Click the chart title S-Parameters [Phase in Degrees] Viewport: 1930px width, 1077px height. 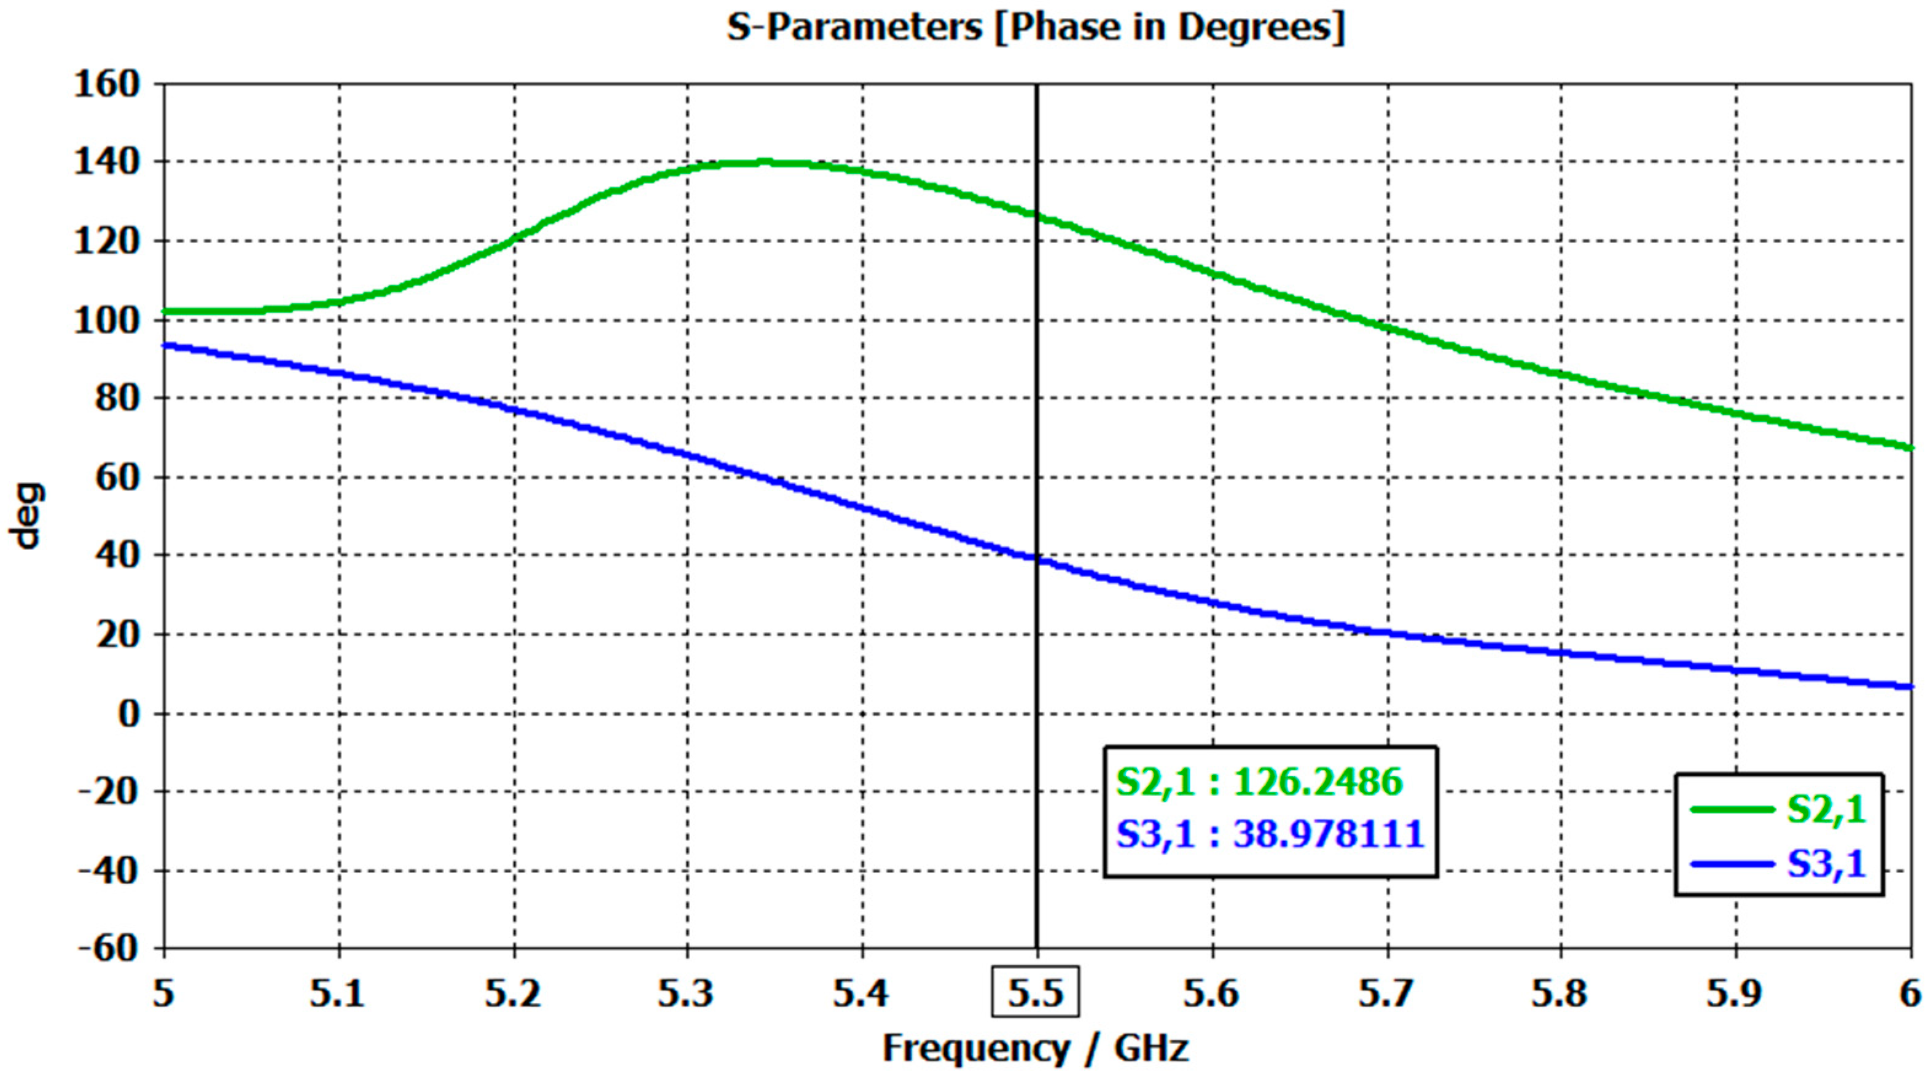(1036, 28)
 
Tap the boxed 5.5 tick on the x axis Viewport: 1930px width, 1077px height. (1036, 993)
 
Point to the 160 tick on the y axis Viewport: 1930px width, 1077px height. (107, 84)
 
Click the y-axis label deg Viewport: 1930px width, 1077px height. (28, 517)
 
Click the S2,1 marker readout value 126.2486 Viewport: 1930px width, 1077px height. (1317, 782)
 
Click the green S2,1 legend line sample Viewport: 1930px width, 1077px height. (1732, 810)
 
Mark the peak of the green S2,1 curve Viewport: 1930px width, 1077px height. (764, 161)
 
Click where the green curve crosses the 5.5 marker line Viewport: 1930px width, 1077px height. (1037, 215)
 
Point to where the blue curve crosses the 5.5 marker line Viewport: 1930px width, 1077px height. (1037, 558)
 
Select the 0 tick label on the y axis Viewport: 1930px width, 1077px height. (129, 713)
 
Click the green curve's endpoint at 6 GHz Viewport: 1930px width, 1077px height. (1910, 447)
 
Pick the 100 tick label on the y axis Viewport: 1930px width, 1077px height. (107, 321)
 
